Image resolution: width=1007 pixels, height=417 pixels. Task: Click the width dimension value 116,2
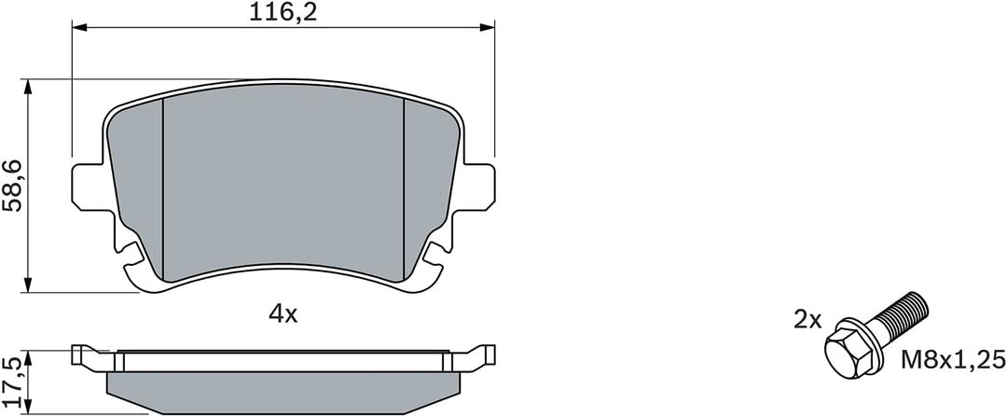click(283, 13)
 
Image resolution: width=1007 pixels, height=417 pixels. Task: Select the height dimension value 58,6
click(13, 187)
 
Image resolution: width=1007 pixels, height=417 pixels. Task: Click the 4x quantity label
click(283, 314)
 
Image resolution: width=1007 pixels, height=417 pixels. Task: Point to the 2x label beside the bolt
click(807, 320)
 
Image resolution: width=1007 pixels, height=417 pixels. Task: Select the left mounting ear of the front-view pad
click(88, 187)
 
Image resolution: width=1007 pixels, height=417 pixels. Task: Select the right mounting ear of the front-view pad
click(478, 187)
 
